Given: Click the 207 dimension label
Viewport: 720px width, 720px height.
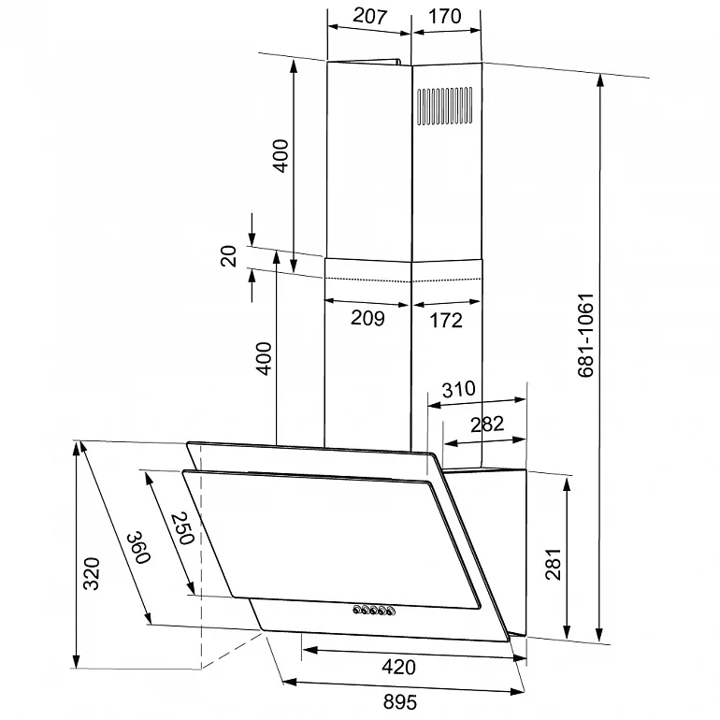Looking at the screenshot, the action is pyautogui.click(x=369, y=17).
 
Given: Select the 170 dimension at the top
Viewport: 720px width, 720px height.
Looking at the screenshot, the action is pyautogui.click(x=444, y=17).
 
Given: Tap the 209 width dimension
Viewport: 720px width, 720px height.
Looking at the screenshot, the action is pyautogui.click(x=367, y=318).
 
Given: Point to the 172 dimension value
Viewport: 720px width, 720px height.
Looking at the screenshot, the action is pyautogui.click(x=446, y=320).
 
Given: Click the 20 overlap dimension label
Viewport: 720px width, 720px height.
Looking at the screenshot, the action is pyautogui.click(x=229, y=256).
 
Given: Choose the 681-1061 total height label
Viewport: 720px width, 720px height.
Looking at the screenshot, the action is pyautogui.click(x=585, y=335).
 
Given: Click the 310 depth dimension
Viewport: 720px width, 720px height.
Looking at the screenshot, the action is pyautogui.click(x=458, y=389).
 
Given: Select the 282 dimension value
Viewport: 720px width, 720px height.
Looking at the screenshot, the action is pyautogui.click(x=487, y=424).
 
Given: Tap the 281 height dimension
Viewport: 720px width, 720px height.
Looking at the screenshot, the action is pyautogui.click(x=554, y=564).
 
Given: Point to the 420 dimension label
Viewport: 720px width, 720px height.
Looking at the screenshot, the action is pyautogui.click(x=398, y=667).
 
